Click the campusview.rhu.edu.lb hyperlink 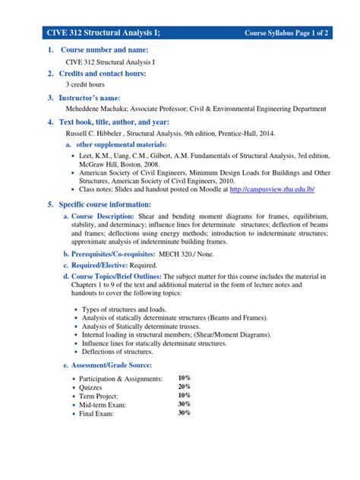tap(271, 188)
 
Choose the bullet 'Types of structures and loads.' tap(132, 310)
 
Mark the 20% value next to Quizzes tap(184, 386)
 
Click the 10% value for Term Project tap(184, 395)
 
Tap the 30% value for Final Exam tap(184, 413)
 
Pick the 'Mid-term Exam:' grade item tap(110, 405)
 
